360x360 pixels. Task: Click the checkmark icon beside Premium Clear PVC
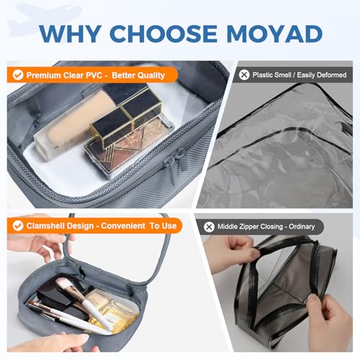(18, 74)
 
